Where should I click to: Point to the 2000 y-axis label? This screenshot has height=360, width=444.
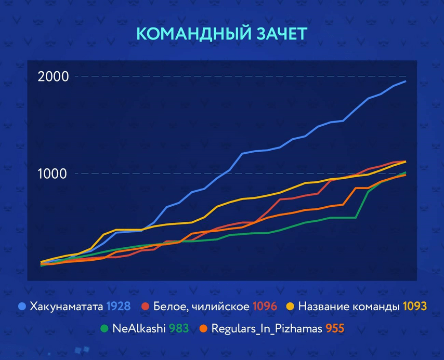tap(53, 76)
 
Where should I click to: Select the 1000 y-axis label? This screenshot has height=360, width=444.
tap(53, 174)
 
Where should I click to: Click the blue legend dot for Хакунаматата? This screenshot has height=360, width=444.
tap(21, 306)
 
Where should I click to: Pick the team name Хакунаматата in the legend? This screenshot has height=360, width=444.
tap(66, 306)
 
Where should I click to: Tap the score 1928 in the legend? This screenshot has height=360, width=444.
tap(118, 306)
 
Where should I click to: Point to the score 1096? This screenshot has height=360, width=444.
tap(265, 306)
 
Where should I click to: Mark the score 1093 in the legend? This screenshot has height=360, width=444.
tap(414, 306)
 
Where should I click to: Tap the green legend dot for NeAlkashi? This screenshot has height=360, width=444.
tap(104, 328)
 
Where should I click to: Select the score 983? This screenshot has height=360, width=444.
tap(178, 328)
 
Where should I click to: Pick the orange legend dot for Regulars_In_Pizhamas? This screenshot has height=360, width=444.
tap(205, 328)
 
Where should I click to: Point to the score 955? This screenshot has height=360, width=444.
tap(335, 328)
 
